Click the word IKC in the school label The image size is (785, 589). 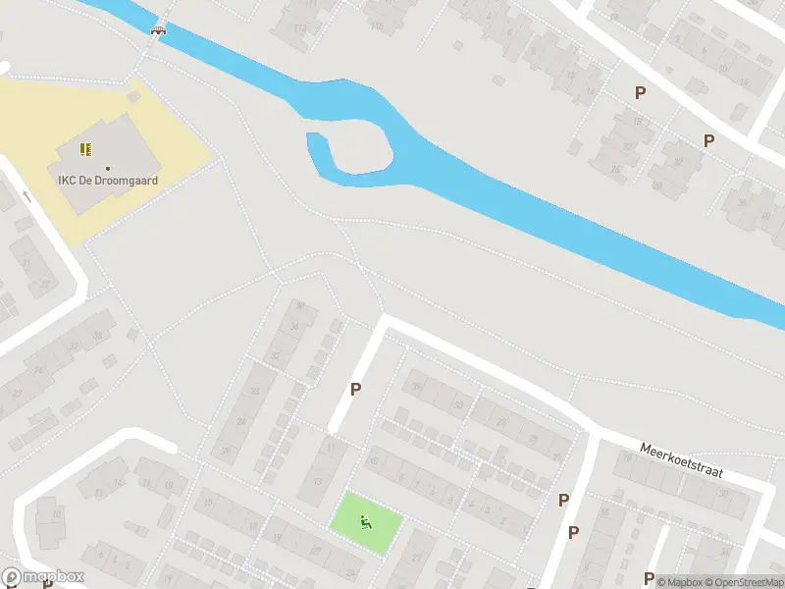70,181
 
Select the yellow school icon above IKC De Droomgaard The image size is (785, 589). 85,149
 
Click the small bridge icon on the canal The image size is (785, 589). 157,30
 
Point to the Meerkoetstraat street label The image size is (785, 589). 681,458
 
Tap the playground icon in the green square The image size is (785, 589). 366,522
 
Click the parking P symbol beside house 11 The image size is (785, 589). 356,389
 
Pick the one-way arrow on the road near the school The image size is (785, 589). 26,197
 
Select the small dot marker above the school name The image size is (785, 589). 108,168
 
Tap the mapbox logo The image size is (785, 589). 43,577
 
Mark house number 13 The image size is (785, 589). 318,481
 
